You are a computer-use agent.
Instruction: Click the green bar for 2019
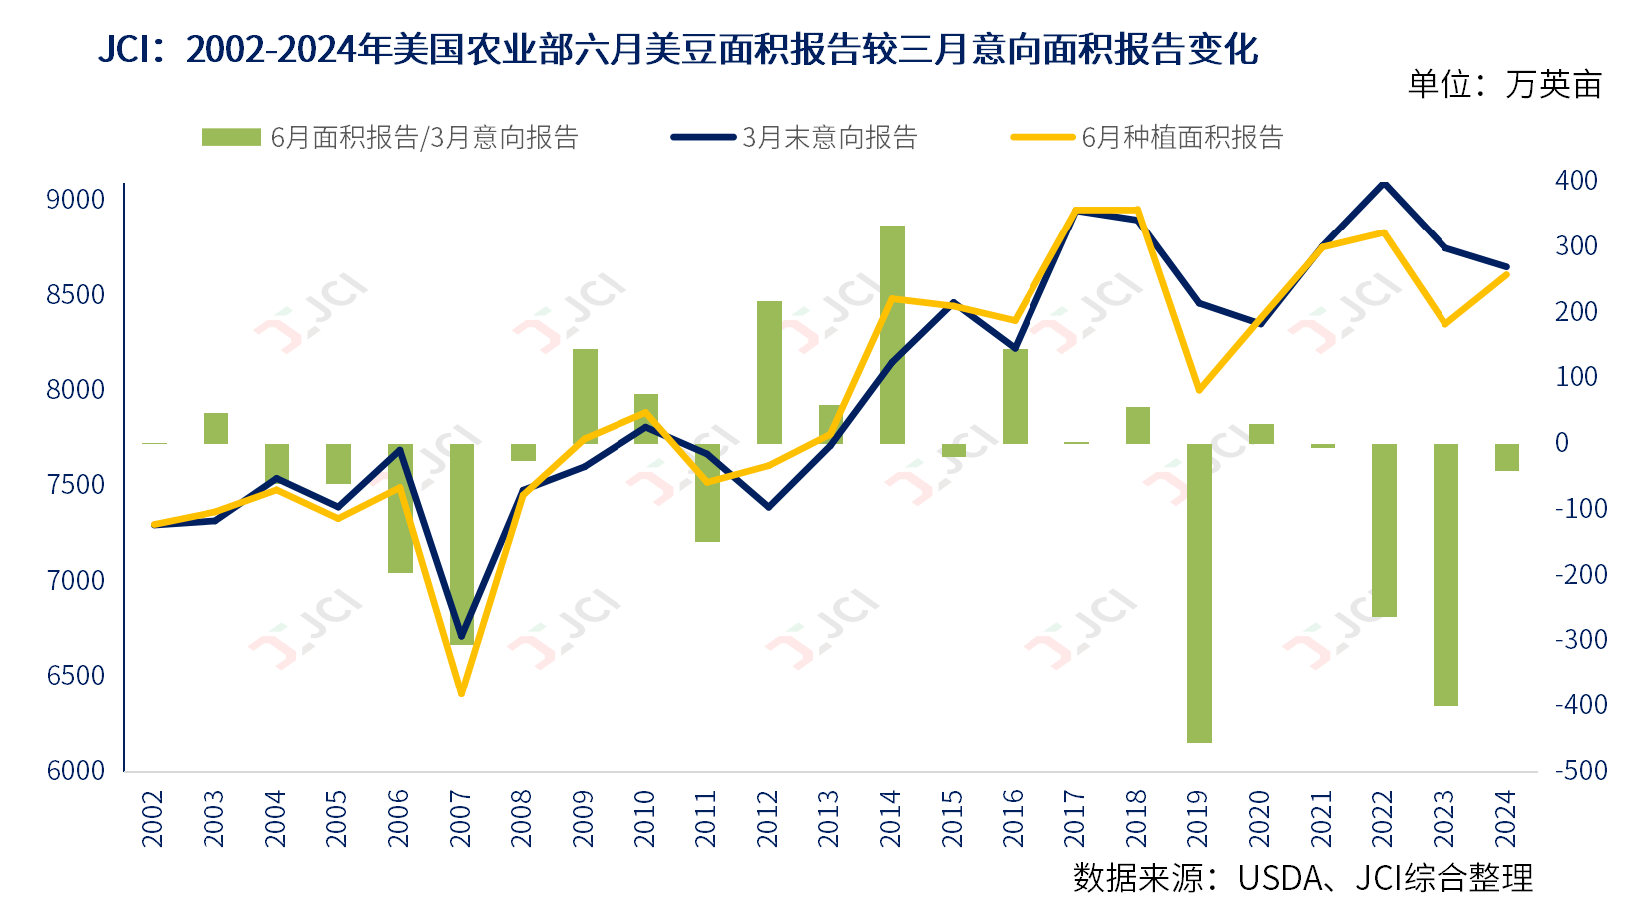[x=1199, y=593]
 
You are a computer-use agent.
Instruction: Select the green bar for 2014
[x=892, y=334]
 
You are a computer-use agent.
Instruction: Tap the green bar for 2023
[x=1445, y=575]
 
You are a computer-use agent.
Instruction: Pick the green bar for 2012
[x=769, y=372]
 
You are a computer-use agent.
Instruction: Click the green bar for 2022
[x=1384, y=530]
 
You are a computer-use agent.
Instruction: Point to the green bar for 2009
[x=585, y=396]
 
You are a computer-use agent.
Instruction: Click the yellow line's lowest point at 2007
[x=461, y=693]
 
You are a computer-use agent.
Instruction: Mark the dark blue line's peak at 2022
[x=1383, y=183]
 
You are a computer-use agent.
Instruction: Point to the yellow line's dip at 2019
[x=1199, y=389]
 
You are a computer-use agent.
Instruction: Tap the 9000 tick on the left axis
[x=76, y=199]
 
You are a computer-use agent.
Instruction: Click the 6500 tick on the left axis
[x=76, y=675]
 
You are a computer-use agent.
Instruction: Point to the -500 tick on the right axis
[x=1580, y=770]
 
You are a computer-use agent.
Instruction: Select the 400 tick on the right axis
[x=1576, y=181]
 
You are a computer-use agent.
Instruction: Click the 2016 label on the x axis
[x=1014, y=818]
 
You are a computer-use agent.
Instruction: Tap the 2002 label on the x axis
[x=153, y=818]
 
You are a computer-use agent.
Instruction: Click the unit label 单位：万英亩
[x=1504, y=85]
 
